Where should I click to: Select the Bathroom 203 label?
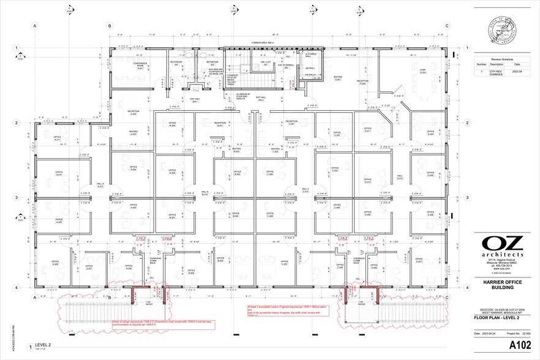(176, 63)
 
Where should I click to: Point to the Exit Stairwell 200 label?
(286, 66)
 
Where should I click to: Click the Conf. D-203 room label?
(422, 72)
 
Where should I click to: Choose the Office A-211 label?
(57, 139)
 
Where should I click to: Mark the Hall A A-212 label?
(100, 186)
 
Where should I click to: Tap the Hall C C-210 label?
(304, 190)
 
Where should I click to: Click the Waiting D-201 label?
(337, 78)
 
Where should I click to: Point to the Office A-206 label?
(56, 264)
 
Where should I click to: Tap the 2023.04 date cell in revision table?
(517, 72)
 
